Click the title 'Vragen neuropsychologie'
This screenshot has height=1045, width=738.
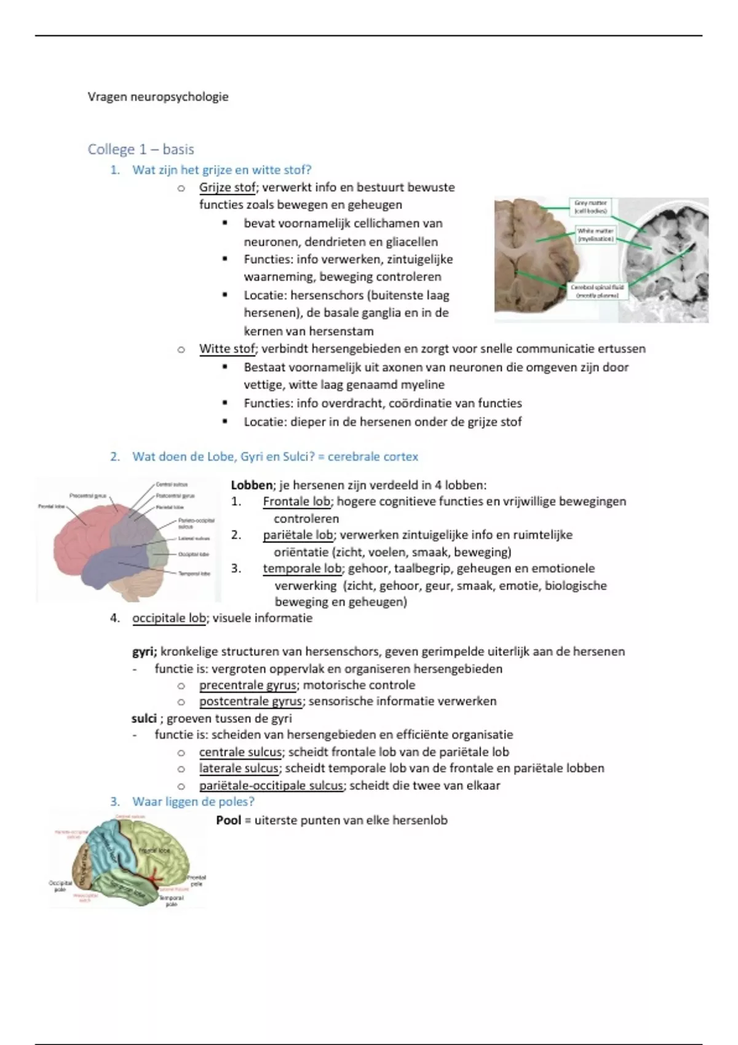[158, 97]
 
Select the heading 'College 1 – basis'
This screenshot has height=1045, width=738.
[141, 149]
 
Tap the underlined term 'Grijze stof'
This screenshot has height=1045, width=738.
[227, 187]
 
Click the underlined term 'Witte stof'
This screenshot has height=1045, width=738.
[226, 349]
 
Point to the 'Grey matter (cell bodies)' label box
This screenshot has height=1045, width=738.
[590, 207]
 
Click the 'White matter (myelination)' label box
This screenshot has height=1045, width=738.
[595, 235]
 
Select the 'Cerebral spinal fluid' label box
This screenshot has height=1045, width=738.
[597, 291]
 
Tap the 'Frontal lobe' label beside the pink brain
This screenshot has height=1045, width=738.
[51, 507]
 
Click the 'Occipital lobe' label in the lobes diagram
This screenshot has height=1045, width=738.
[193, 554]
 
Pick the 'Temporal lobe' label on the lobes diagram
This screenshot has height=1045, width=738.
[194, 574]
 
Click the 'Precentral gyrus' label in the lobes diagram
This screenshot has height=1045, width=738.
[88, 495]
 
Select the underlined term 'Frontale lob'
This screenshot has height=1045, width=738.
[297, 502]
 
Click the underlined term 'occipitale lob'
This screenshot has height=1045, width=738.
[169, 618]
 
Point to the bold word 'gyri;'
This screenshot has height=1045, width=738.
[145, 652]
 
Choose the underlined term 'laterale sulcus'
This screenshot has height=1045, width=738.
[239, 768]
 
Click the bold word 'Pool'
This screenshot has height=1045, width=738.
[229, 821]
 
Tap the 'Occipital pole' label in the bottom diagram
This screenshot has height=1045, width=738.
[60, 886]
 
